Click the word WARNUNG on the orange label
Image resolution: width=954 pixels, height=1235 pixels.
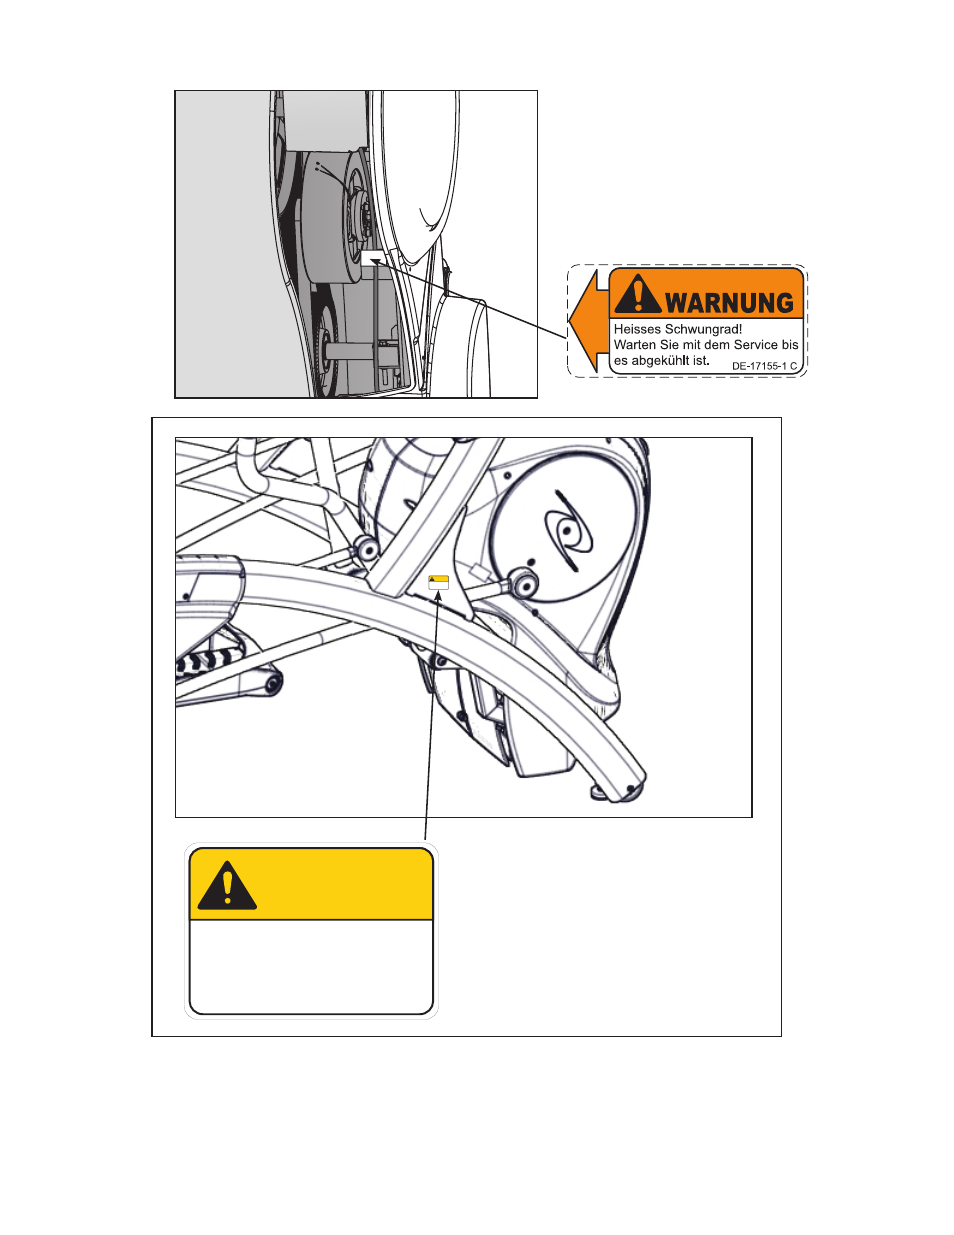click(x=730, y=303)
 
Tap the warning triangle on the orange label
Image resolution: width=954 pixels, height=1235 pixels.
click(x=638, y=295)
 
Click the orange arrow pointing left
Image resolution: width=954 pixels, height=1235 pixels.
click(x=589, y=321)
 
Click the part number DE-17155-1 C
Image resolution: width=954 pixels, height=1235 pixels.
click(x=764, y=367)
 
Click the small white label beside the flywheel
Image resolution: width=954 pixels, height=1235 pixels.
click(x=373, y=257)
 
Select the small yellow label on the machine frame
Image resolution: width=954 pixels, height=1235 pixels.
click(x=438, y=583)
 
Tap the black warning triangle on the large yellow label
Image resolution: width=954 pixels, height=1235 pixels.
click(x=227, y=885)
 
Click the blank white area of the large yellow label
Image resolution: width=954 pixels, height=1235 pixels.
click(x=311, y=966)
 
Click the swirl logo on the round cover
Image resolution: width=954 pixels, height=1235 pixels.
click(x=567, y=531)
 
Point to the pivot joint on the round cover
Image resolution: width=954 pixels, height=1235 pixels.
click(x=525, y=584)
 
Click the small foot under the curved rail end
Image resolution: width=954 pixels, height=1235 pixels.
click(x=598, y=792)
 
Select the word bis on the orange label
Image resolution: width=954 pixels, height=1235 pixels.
click(x=790, y=345)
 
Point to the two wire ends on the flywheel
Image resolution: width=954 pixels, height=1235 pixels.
click(x=317, y=166)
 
